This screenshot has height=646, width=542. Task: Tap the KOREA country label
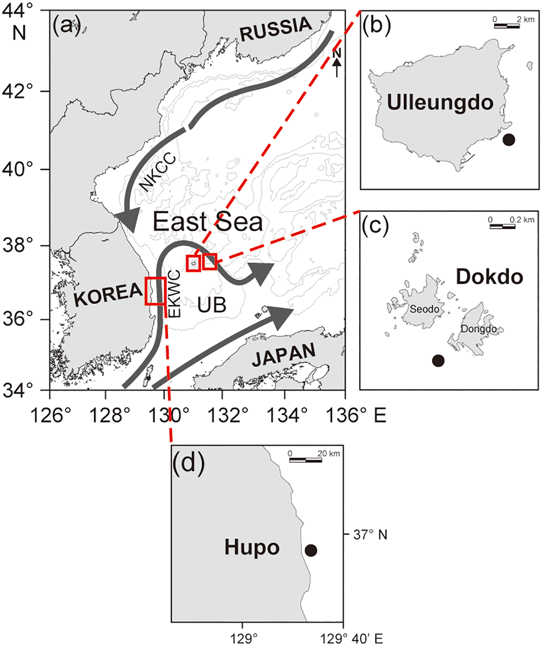109,294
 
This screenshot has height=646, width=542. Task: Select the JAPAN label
284,355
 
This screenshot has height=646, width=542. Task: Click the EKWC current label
174,294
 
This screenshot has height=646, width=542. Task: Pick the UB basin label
212,304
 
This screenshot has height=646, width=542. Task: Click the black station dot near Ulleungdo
508,140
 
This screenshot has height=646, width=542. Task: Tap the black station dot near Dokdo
438,360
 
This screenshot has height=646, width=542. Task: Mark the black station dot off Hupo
311,550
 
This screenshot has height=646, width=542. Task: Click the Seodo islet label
424,309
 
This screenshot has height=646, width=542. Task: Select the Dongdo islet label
479,329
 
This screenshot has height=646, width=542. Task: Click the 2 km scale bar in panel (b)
507,26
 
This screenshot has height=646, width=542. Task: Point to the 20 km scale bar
305,460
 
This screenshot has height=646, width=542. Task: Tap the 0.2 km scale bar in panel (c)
502,226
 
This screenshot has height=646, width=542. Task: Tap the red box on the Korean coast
155,291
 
